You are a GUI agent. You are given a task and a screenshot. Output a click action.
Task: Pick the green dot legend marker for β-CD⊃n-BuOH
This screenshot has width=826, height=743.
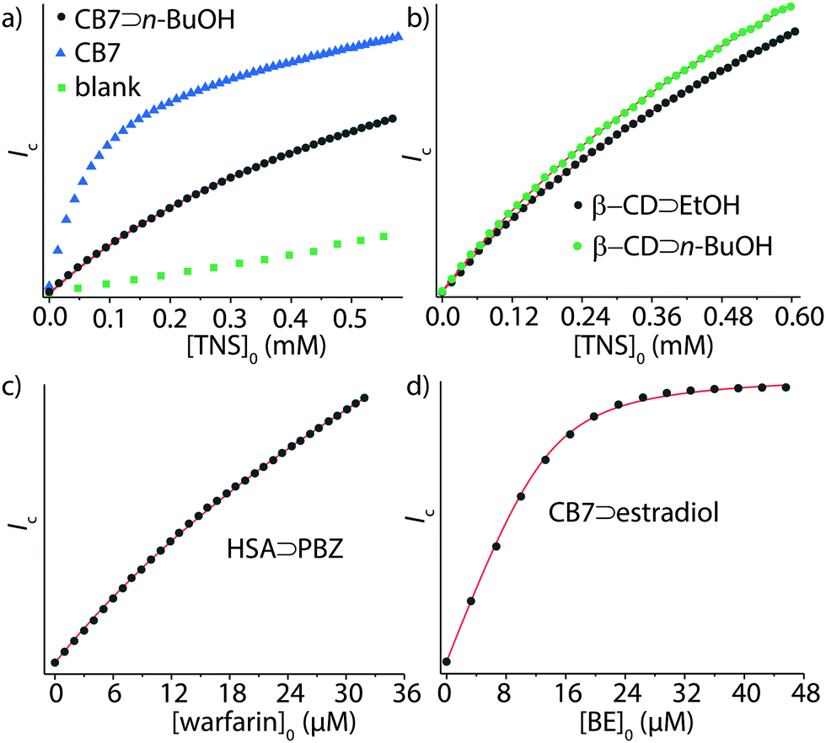click(x=577, y=247)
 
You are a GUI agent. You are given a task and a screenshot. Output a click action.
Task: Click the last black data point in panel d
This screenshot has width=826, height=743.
click(x=786, y=386)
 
